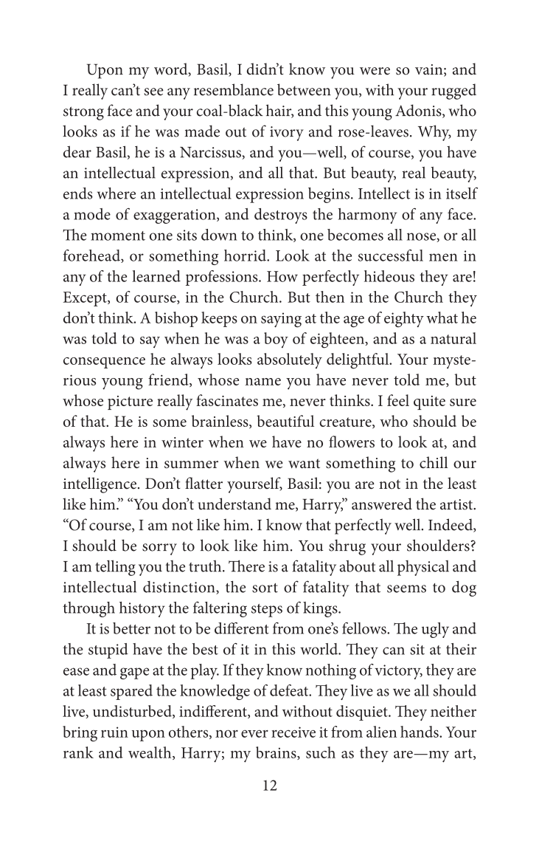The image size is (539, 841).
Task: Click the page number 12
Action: click(x=269, y=786)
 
